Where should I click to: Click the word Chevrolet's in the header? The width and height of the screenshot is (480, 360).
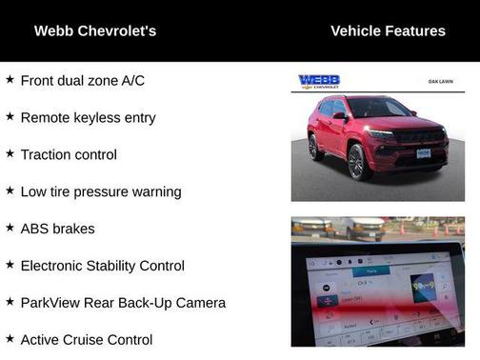point(119,31)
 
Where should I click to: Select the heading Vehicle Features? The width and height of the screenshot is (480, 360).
point(388,31)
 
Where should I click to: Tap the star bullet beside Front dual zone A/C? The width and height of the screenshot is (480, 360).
point(10,80)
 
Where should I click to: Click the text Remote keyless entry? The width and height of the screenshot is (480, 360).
point(88,118)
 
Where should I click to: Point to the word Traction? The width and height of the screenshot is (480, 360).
point(48,155)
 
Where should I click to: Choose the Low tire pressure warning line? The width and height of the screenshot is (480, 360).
point(100,192)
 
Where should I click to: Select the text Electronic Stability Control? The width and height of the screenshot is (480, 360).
point(102,267)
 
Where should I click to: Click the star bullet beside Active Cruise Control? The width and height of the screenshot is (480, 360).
point(10,339)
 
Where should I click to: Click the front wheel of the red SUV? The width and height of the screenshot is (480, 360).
point(357,163)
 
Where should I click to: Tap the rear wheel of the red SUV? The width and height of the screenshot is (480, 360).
point(315,148)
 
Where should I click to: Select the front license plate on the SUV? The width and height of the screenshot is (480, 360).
point(424,152)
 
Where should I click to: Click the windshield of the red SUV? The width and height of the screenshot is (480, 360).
point(378,109)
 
